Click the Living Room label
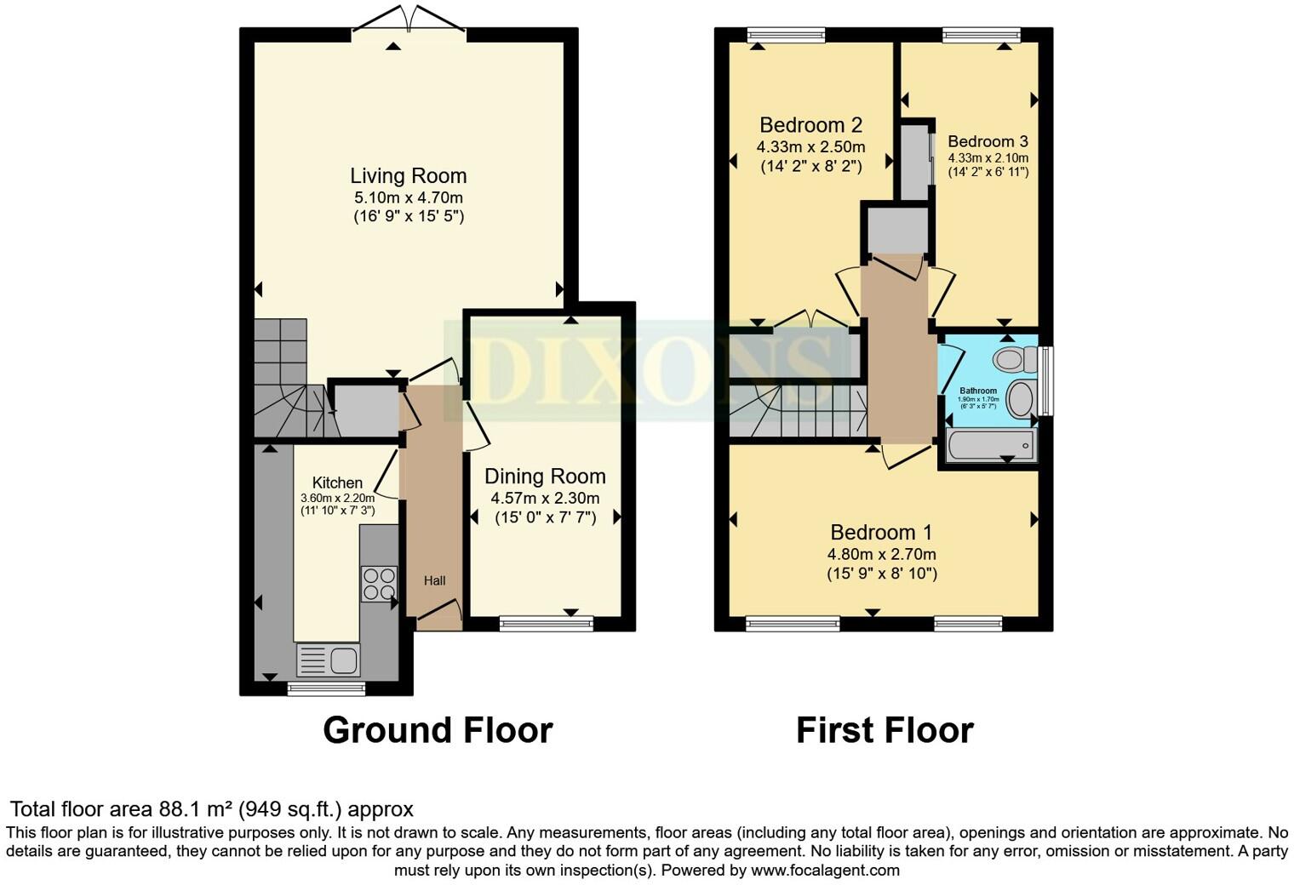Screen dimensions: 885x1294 click(x=409, y=176)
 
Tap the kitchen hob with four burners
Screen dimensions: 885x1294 click(x=379, y=584)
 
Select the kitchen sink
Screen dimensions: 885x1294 click(x=328, y=659)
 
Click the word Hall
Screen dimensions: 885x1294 click(x=434, y=581)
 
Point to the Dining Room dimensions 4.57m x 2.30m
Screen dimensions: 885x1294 click(x=545, y=499)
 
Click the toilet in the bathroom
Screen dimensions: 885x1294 click(x=1013, y=360)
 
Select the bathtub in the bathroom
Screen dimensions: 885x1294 click(x=990, y=445)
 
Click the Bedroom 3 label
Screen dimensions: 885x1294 click(x=988, y=141)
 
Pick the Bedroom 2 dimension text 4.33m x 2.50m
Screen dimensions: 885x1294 click(x=810, y=146)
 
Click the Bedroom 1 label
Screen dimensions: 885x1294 click(x=881, y=533)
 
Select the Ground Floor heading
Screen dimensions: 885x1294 click(x=438, y=730)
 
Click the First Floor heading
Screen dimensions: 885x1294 click(x=885, y=730)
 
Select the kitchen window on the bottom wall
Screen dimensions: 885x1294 click(x=326, y=688)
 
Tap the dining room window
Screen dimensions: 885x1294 click(x=546, y=625)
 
